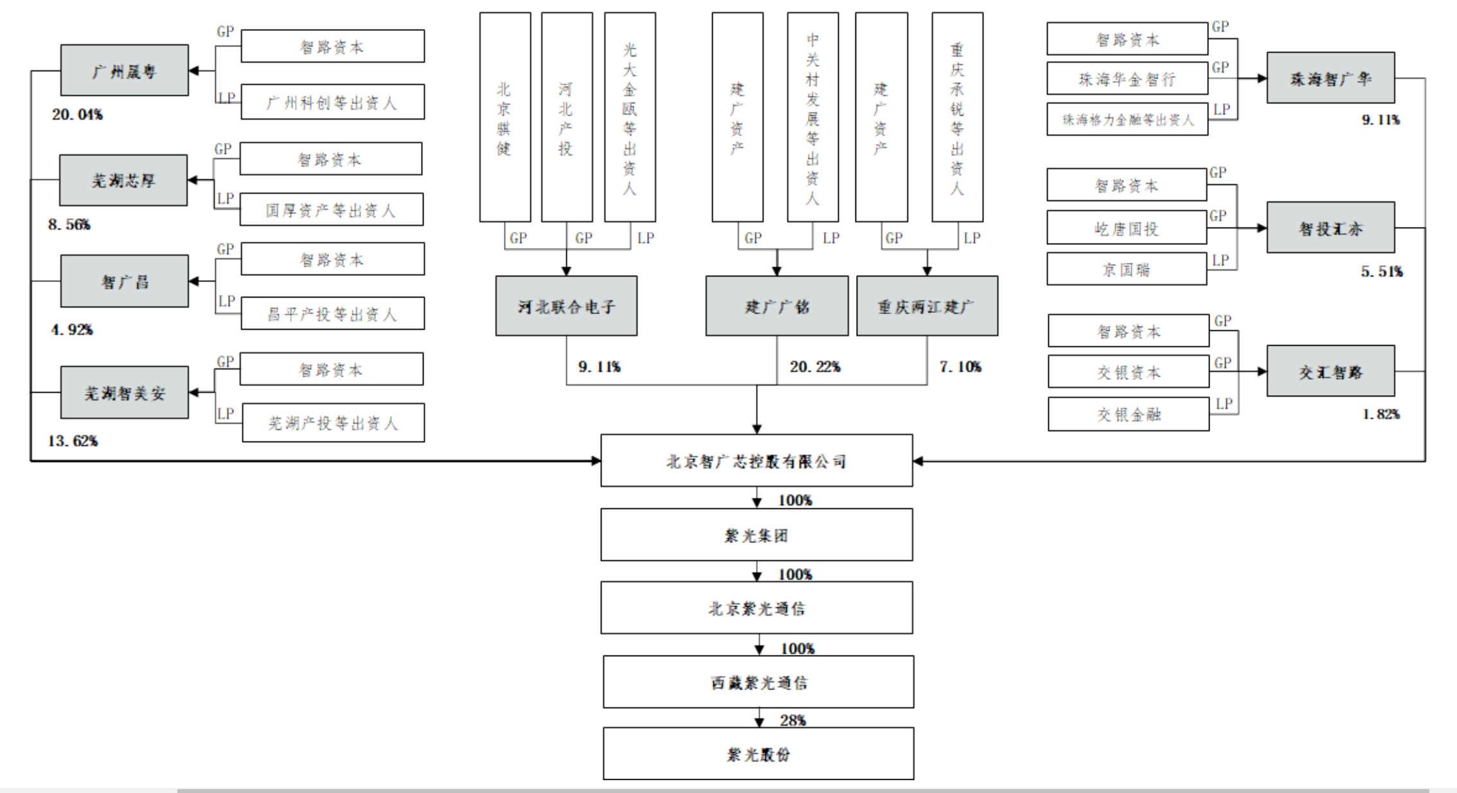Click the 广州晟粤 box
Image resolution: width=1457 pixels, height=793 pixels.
pyautogui.click(x=125, y=71)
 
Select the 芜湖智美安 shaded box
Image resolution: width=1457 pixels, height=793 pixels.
pyautogui.click(x=125, y=393)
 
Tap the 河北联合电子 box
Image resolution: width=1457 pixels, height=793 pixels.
pyautogui.click(x=566, y=307)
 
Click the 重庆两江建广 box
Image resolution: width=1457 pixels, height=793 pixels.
pyautogui.click(x=927, y=307)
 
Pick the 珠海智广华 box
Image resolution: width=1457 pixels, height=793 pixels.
pyautogui.click(x=1330, y=78)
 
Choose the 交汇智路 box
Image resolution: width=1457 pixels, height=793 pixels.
pyautogui.click(x=1330, y=371)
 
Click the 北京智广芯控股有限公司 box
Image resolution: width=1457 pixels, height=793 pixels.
pyautogui.click(x=756, y=461)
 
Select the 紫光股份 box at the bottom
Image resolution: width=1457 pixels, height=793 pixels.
pyautogui.click(x=758, y=754)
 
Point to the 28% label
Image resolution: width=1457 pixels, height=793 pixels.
pyautogui.click(x=793, y=720)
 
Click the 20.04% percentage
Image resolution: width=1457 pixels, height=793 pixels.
pyautogui.click(x=77, y=115)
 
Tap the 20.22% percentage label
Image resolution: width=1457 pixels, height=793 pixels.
pyautogui.click(x=815, y=367)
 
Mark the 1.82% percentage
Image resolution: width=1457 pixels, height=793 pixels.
pyautogui.click(x=1381, y=414)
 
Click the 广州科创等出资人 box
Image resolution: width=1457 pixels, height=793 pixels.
pyautogui.click(x=332, y=102)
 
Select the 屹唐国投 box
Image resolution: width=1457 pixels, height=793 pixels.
pyautogui.click(x=1127, y=228)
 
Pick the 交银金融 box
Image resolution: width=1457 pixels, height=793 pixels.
pyautogui.click(x=1129, y=414)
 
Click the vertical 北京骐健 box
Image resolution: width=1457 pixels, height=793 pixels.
pyautogui.click(x=505, y=118)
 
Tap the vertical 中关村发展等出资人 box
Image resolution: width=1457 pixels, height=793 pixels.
pyautogui.click(x=813, y=118)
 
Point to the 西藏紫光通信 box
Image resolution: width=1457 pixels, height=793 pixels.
pyautogui.click(x=758, y=682)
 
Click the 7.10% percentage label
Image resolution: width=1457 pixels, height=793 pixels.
pyautogui.click(x=961, y=367)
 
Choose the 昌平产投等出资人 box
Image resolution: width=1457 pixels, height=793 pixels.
pyautogui.click(x=332, y=314)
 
